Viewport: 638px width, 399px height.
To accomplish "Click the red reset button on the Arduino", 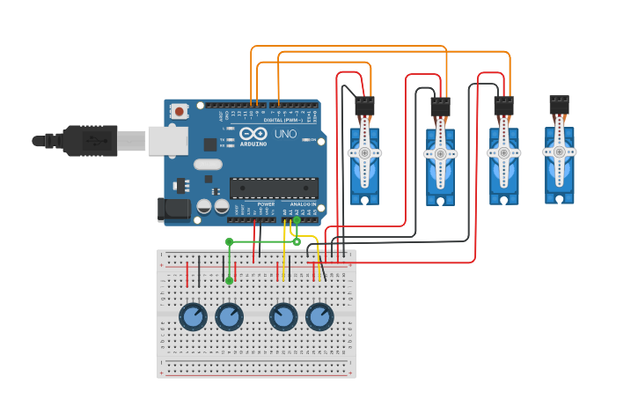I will click(180, 111).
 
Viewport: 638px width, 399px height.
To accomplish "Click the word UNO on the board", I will click(286, 134).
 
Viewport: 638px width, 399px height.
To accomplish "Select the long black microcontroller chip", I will click(274, 188).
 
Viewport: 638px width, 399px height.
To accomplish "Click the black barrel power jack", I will click(172, 209).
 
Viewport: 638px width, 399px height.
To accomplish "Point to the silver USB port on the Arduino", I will click(167, 140).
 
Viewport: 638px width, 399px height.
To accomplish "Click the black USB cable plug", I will click(88, 140).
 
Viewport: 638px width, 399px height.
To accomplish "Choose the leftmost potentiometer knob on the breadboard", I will click(193, 316).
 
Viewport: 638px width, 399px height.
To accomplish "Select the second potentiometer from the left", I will click(229, 316).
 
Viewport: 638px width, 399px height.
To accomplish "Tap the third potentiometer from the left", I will click(283, 316).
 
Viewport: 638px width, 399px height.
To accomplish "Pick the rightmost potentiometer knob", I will click(319, 316).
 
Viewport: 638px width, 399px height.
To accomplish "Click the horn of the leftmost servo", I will click(364, 152).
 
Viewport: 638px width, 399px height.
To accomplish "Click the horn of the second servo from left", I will click(440, 153).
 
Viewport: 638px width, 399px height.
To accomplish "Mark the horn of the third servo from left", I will click(503, 152).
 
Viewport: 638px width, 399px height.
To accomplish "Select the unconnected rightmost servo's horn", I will click(559, 151).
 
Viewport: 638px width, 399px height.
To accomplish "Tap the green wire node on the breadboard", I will click(229, 280).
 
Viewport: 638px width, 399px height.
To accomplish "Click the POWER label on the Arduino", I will click(266, 204).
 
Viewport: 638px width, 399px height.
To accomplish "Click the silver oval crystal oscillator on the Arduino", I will click(208, 164).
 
